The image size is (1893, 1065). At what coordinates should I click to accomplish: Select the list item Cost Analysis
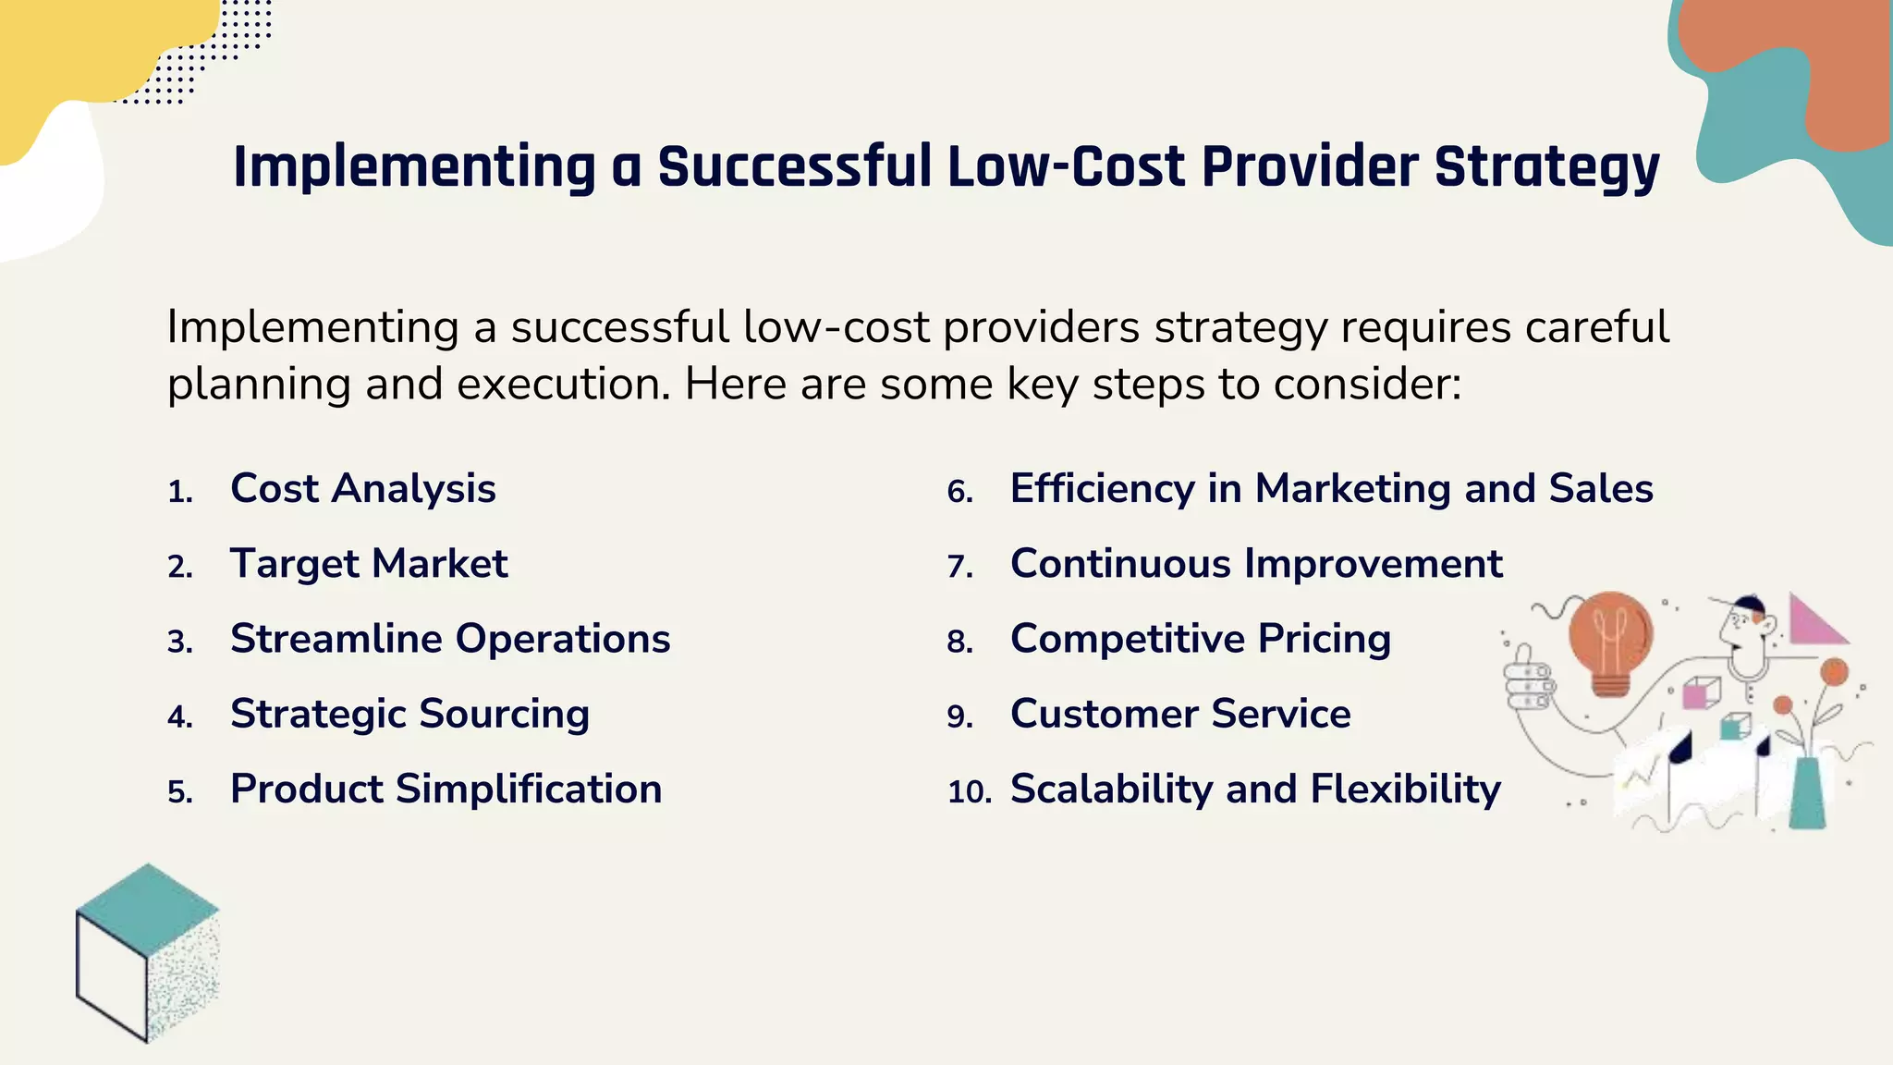[x=362, y=488]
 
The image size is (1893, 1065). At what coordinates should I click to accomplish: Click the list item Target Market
[x=369, y=563]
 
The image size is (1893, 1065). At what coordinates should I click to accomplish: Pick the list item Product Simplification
[x=446, y=789]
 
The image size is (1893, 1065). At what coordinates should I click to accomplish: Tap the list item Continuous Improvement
[x=1256, y=563]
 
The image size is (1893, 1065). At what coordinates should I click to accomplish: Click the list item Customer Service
[x=1180, y=714]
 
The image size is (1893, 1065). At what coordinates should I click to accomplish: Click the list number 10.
[x=969, y=792]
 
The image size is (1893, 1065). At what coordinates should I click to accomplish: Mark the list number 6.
[x=960, y=492]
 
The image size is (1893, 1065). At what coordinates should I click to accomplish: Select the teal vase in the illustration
[x=1807, y=793]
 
